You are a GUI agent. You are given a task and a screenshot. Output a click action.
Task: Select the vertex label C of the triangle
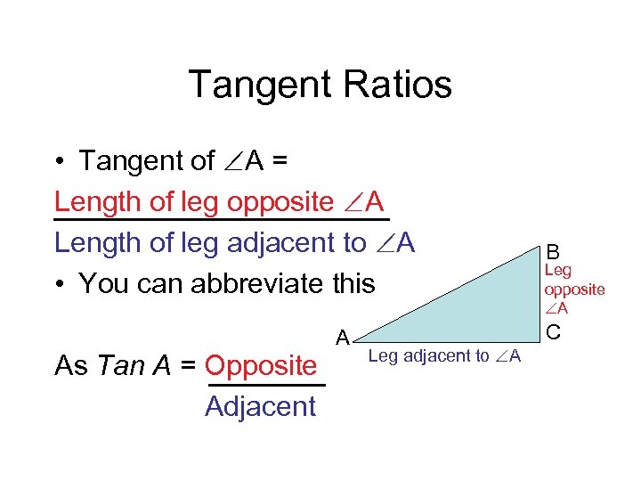pos(553,332)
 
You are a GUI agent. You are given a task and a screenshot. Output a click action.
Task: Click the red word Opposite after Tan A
pos(260,366)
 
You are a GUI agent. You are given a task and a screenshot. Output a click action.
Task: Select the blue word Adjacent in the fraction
pos(260,407)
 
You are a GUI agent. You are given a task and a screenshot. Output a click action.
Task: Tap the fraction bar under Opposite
pos(266,386)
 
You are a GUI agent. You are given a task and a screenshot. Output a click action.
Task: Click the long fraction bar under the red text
pos(222,217)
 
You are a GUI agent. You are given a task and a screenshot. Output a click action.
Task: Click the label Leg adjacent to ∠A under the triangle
pos(444,357)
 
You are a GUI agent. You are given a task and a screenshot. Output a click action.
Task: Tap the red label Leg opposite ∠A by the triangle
pos(573,289)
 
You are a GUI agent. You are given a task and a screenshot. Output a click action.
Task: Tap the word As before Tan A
pos(71,366)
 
